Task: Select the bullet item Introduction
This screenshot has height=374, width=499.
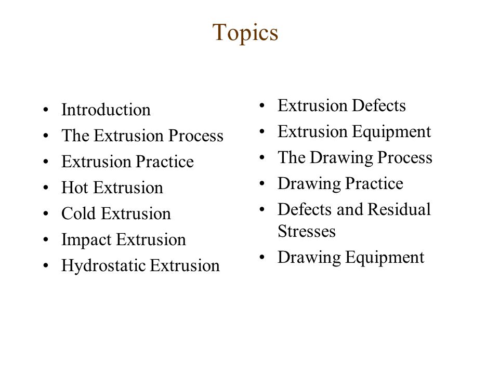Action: pyautogui.click(x=106, y=110)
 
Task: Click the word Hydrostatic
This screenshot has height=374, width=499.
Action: pyautogui.click(x=98, y=266)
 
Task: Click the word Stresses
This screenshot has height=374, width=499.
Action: pyautogui.click(x=307, y=231)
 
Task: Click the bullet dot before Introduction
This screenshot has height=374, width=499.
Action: pyautogui.click(x=48, y=111)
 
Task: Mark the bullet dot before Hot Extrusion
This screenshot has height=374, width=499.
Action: pyautogui.click(x=48, y=189)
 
